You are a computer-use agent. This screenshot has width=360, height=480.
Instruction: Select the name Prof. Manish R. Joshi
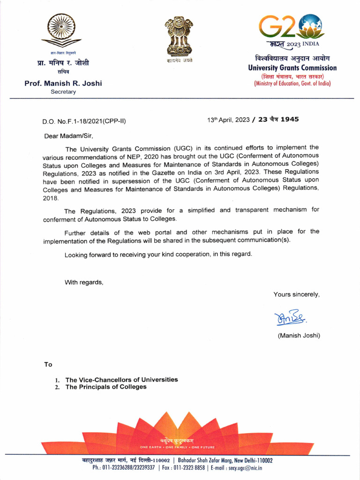(x=63, y=83)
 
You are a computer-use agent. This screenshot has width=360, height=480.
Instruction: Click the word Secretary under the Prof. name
(x=63, y=92)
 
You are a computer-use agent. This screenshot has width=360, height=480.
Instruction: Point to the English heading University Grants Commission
(x=292, y=68)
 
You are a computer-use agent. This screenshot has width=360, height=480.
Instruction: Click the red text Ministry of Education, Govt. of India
(x=292, y=83)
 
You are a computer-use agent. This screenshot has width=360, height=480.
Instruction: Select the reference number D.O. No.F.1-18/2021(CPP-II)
(x=84, y=121)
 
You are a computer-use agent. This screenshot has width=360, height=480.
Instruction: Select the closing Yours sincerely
(x=296, y=294)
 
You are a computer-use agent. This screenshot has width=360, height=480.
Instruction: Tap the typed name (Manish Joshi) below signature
(x=299, y=335)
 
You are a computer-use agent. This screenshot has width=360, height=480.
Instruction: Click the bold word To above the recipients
(x=48, y=364)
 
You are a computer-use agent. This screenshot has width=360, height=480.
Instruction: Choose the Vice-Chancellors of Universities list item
(x=121, y=380)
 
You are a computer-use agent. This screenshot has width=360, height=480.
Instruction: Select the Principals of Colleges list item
(x=105, y=387)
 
